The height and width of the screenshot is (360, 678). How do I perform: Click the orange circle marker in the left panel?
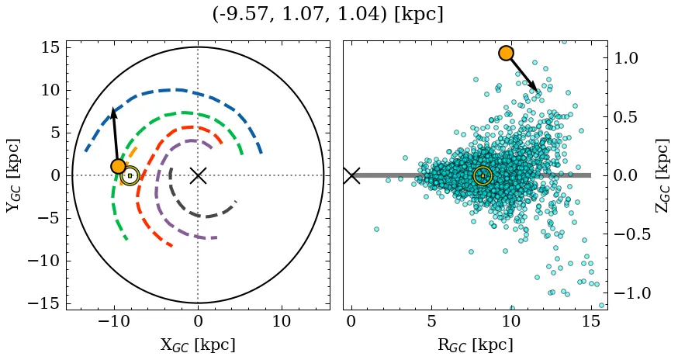pos(118,166)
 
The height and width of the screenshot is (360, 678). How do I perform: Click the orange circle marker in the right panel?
pos(506,53)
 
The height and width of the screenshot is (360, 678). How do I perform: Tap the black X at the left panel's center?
pos(198,175)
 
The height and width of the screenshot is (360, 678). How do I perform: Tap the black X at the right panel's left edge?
pos(351,175)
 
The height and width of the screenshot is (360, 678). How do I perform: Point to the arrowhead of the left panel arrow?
pos(113,111)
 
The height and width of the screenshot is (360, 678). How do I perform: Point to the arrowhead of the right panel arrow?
pos(534,88)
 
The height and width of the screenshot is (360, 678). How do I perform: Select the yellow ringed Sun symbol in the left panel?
pos(130,175)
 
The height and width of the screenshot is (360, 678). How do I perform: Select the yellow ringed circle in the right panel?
pos(483,175)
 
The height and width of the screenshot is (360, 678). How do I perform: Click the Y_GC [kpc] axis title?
pos(13,175)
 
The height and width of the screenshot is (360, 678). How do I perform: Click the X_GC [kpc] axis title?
pos(198,344)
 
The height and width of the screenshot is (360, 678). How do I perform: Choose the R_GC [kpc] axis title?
pos(475,344)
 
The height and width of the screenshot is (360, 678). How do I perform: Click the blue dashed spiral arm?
pos(178,90)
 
